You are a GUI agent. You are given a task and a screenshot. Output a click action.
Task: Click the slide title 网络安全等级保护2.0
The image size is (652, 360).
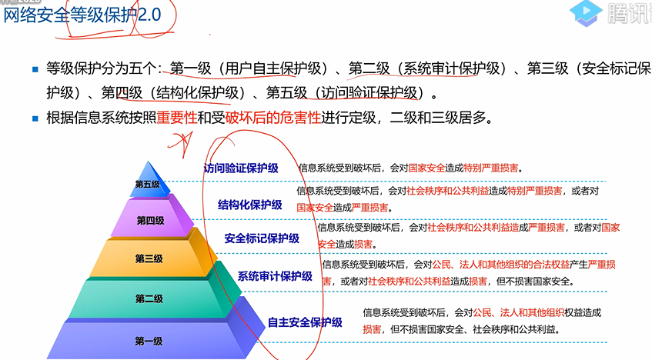click(82, 15)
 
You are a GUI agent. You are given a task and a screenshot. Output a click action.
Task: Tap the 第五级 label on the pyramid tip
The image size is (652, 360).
click(147, 184)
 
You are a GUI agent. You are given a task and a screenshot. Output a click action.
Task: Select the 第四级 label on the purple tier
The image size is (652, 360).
click(151, 220)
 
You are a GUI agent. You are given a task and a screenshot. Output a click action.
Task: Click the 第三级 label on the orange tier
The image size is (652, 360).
click(149, 258)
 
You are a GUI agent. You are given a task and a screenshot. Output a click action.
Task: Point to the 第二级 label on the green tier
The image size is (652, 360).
click(149, 298)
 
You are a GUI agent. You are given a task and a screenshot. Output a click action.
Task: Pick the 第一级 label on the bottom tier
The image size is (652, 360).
click(149, 342)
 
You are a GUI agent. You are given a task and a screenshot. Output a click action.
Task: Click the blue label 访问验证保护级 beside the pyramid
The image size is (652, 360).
click(241, 168)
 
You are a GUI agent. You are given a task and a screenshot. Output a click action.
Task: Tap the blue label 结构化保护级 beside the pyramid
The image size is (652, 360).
click(250, 205)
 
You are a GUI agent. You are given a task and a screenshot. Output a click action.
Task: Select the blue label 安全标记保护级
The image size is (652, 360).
click(262, 238)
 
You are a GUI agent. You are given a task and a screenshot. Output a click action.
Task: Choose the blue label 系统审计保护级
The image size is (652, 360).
click(275, 276)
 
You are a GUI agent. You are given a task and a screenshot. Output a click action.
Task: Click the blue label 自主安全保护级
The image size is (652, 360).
click(305, 322)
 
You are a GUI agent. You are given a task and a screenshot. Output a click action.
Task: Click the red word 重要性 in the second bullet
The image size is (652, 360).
click(177, 118)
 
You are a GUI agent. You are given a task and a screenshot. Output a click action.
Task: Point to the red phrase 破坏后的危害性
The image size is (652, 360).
click(273, 118)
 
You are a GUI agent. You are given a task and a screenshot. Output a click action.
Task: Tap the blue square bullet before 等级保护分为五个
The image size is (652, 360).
click(35, 69)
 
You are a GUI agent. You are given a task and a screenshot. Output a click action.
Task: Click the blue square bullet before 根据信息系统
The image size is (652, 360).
click(35, 119)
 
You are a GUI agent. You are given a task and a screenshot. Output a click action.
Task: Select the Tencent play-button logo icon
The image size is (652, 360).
click(586, 13)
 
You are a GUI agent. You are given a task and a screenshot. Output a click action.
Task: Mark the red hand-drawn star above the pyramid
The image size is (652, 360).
click(181, 142)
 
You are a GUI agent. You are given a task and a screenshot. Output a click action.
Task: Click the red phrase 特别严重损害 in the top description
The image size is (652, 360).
click(490, 168)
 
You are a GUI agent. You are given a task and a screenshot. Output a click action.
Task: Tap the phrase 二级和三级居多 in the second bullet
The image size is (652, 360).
click(438, 118)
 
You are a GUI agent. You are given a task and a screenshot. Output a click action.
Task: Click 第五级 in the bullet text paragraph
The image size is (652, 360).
click(286, 93)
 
